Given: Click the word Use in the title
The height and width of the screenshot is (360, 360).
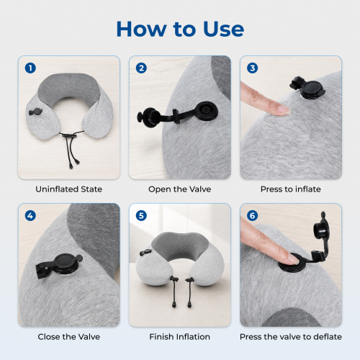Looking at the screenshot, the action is tap(224, 29).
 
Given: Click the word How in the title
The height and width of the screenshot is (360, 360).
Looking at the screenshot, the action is tap(141, 29).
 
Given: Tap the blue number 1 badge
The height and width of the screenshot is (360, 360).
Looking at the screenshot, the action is tap(30, 68).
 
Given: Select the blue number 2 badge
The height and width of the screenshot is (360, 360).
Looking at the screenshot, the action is tap(141, 68).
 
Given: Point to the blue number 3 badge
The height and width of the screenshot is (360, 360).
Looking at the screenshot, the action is tap(253, 68).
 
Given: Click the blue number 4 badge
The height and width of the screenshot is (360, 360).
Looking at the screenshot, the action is tap(30, 216).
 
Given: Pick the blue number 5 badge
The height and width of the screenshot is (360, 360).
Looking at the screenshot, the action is tap(141, 216).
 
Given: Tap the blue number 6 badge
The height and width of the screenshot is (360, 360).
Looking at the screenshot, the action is tap(253, 216).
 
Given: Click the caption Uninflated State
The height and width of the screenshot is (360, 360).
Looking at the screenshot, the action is tap(69, 189).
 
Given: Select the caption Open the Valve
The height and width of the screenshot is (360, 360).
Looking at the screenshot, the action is tap(180, 189).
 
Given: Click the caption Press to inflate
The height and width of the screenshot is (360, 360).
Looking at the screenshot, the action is tap(291, 189).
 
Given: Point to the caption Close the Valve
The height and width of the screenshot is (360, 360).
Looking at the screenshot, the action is tap(69, 337).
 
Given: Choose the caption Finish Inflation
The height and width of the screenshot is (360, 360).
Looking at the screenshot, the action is tap(180, 337).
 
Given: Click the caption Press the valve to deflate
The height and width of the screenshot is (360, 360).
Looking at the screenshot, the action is tap(291, 337).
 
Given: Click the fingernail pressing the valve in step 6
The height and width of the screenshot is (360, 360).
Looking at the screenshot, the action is tap(294, 259).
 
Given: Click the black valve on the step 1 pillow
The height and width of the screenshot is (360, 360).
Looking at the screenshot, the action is tap(35, 112).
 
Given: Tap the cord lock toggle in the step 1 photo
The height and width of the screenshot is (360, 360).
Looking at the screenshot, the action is tap(69, 136).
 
